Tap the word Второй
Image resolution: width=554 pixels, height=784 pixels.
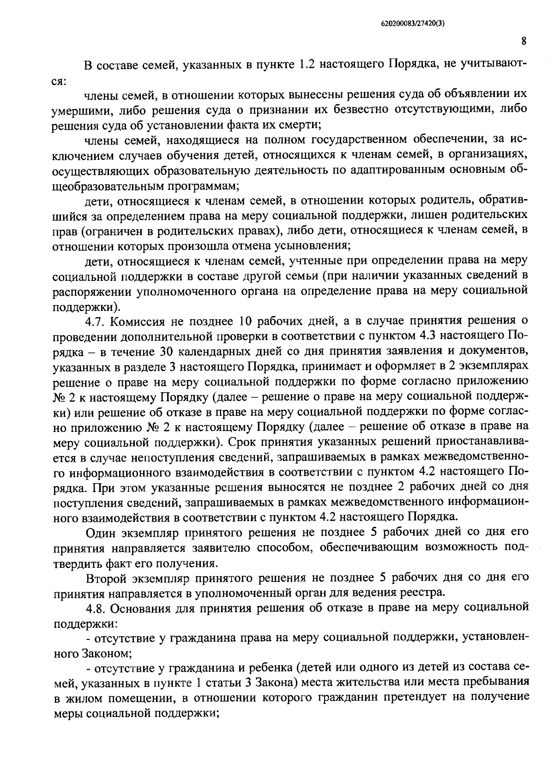tap(107, 578)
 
